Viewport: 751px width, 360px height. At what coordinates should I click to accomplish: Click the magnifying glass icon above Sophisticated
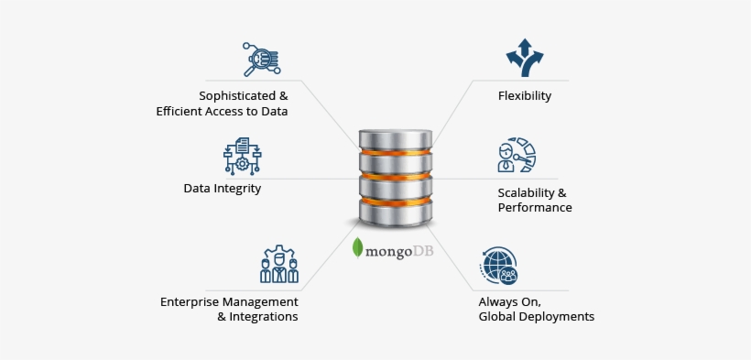[x=260, y=59]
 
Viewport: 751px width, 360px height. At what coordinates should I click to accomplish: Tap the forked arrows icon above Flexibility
[x=524, y=58]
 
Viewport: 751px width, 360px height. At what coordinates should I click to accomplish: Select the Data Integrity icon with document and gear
[x=242, y=156]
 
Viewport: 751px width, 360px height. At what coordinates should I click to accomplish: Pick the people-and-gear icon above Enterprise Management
[x=279, y=264]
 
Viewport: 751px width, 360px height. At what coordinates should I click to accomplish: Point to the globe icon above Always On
[x=499, y=266]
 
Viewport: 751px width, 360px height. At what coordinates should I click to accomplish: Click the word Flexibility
[x=524, y=95]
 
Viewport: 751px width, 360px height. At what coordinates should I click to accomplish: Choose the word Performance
[x=535, y=208]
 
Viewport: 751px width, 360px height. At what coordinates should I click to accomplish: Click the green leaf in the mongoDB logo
[x=358, y=247]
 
